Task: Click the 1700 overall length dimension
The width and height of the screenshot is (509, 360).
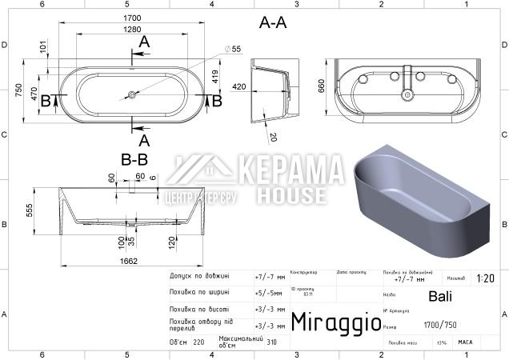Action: coord(133,17)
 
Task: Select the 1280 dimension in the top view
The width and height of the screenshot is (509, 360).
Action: coord(133,30)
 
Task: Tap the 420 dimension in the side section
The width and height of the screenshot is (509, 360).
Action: coord(238,86)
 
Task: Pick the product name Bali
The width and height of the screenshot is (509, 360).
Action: coord(440,296)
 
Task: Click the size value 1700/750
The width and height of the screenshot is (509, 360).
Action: coord(440,326)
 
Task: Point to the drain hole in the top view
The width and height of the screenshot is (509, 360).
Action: coord(131,95)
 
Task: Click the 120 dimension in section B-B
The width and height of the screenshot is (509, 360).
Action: coord(172,240)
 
